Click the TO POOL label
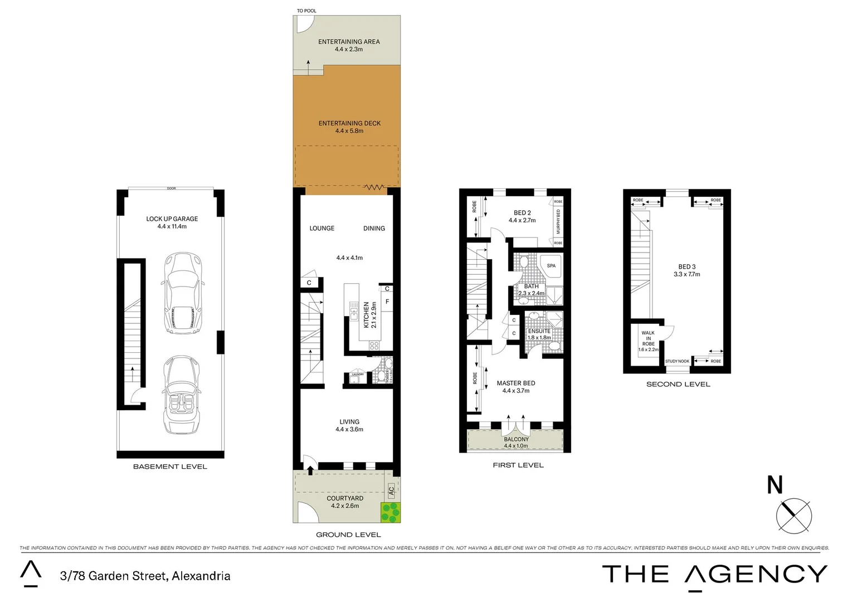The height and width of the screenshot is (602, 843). (306, 11)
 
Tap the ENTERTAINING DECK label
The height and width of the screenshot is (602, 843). (349, 123)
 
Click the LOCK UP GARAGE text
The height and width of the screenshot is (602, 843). (172, 219)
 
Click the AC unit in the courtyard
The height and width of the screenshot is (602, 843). (391, 491)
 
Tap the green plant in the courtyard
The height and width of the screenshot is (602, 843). (390, 512)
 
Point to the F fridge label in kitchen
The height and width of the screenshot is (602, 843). (387, 302)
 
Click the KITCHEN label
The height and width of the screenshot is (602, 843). (366, 315)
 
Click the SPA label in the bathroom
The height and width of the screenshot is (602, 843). (551, 266)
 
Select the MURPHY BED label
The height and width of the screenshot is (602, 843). (558, 221)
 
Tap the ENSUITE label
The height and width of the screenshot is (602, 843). (539, 331)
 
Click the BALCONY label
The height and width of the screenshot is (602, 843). (516, 439)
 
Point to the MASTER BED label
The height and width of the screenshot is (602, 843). (516, 383)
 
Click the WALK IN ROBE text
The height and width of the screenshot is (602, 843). (648, 338)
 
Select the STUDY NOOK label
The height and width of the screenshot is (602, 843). (677, 361)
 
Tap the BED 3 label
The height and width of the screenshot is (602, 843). (686, 266)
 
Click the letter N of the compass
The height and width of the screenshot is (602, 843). (775, 485)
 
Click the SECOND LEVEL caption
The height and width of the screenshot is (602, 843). (678, 384)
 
